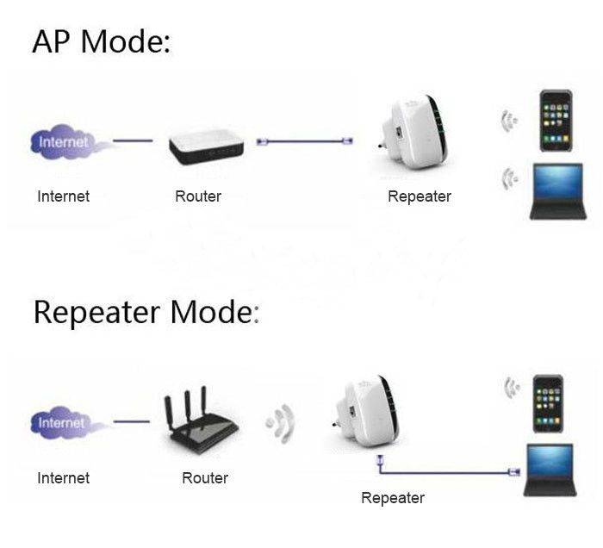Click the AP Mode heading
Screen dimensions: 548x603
coord(101,40)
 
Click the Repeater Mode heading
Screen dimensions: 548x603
coord(146,311)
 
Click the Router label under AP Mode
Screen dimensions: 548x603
coord(197,196)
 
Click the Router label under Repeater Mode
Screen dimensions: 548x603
coord(204,477)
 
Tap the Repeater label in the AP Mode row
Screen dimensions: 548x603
coord(419,196)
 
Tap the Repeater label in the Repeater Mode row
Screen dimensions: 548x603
coord(392,498)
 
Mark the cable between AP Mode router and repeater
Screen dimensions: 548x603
coord(306,140)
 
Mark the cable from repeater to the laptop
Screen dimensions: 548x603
coord(448,471)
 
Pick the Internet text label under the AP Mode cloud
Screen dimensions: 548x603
coord(63,196)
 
